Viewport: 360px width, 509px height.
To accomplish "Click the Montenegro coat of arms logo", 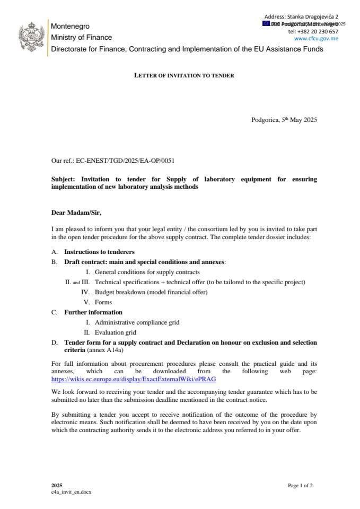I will pyautogui.click(x=30, y=36).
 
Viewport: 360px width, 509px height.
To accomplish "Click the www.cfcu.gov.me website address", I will pyautogui.click(x=316, y=39).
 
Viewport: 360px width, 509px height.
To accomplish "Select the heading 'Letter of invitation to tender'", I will pyautogui.click(x=184, y=75).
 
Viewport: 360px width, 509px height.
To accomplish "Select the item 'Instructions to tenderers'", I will pyautogui.click(x=99, y=252).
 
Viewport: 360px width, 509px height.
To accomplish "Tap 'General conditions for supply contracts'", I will pyautogui.click(x=147, y=272).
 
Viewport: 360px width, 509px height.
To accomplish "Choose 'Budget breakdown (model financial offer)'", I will pyautogui.click(x=151, y=292).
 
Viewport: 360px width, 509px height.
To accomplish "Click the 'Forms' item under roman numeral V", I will pyautogui.click(x=103, y=302).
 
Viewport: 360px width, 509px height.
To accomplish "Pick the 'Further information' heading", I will pyautogui.click(x=93, y=312).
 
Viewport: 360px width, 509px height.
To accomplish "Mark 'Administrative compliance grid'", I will pyautogui.click(x=137, y=322).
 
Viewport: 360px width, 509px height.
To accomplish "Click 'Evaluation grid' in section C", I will pyautogui.click(x=116, y=332).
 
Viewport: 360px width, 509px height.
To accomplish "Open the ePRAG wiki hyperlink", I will pyautogui.click(x=134, y=380).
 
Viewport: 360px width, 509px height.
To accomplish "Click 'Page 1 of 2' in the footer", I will pyautogui.click(x=300, y=485).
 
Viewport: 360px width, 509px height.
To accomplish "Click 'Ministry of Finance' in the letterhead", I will pyautogui.click(x=81, y=37).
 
